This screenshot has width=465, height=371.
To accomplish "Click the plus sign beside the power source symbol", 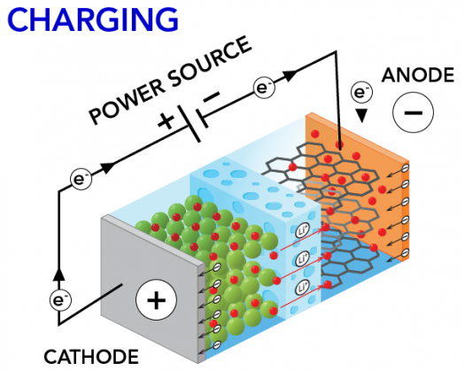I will pyautogui.click(x=166, y=121).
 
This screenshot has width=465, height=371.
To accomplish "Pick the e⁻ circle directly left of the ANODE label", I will pyautogui.click(x=361, y=90).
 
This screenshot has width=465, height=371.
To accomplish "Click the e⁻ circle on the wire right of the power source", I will pyautogui.click(x=263, y=87).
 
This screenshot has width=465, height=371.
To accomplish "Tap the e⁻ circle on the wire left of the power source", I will pyautogui.click(x=81, y=179).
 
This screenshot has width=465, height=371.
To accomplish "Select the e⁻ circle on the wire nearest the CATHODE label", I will pyautogui.click(x=60, y=300).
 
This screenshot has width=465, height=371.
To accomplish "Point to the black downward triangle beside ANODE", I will pyautogui.click(x=361, y=115).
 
